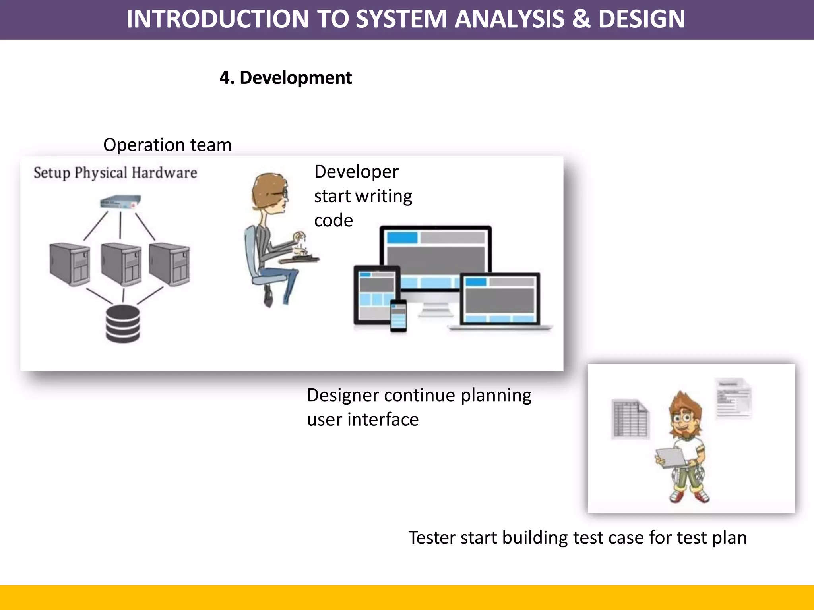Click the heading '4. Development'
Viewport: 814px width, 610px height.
tap(285, 78)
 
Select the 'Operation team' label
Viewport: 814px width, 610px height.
tap(167, 145)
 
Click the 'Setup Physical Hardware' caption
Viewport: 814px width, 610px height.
tap(115, 173)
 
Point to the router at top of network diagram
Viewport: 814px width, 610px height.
tap(120, 202)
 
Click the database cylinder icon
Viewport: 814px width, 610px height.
tap(123, 324)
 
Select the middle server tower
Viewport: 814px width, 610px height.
tap(121, 264)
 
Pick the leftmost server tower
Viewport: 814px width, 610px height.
tap(70, 264)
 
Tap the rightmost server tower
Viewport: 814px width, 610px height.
tap(170, 264)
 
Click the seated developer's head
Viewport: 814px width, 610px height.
tap(270, 193)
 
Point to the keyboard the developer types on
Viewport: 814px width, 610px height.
tap(299, 259)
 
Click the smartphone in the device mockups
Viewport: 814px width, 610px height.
tap(398, 316)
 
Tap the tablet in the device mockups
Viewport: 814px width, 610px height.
tap(376, 294)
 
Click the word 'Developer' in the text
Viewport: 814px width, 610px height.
tap(356, 172)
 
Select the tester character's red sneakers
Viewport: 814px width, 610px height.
tap(690, 496)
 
